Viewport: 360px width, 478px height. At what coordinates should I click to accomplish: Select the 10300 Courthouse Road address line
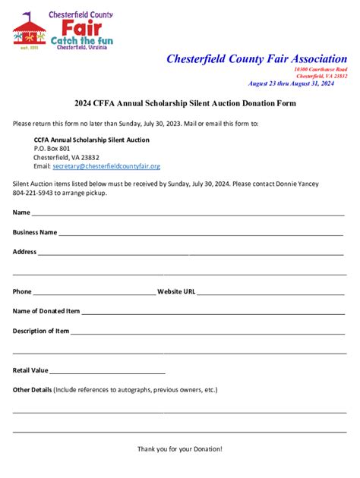321,69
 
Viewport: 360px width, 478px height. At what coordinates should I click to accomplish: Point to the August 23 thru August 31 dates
291,83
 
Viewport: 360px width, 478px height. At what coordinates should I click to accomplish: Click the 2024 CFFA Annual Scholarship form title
179,103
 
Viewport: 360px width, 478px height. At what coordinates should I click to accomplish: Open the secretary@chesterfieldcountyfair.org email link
106,166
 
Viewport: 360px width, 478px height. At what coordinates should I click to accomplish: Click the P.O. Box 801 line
52,149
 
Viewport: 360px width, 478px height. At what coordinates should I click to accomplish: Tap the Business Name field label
35,232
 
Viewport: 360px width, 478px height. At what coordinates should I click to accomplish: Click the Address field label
24,252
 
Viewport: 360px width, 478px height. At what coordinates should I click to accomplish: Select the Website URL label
176,291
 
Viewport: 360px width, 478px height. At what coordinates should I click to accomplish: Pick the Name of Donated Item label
46,311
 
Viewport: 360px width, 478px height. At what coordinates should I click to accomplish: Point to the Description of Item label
41,331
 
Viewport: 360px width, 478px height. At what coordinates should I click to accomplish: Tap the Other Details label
33,390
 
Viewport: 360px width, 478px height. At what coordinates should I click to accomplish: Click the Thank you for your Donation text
180,449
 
